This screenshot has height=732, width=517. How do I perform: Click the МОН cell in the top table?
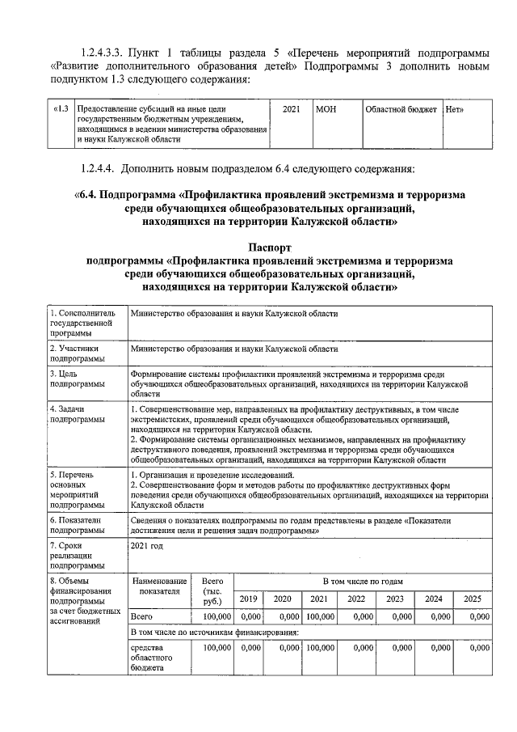coord(326,108)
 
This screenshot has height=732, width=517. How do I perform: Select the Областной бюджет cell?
coord(400,108)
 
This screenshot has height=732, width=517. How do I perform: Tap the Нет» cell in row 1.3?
coord(455,108)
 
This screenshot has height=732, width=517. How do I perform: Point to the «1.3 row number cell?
coord(61,108)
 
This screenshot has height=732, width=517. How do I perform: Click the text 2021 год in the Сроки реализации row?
coord(147,546)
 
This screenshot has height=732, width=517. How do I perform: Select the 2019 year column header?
coord(249,599)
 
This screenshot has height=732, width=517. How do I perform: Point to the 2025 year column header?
coord(472,599)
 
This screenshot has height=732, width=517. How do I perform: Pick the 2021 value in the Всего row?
coord(320,617)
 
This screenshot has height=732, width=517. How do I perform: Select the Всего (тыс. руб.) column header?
coord(212,591)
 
